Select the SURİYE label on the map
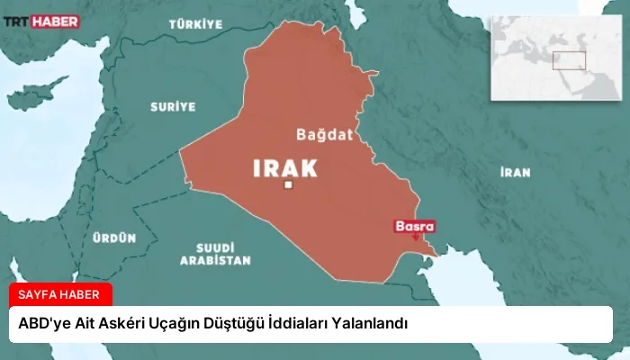click(171, 106)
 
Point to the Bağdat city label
click(321, 135)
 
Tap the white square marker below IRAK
click(289, 185)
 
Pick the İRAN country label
click(516, 172)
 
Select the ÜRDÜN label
click(114, 238)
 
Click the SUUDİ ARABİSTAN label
click(215, 253)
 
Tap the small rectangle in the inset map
click(569, 60)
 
